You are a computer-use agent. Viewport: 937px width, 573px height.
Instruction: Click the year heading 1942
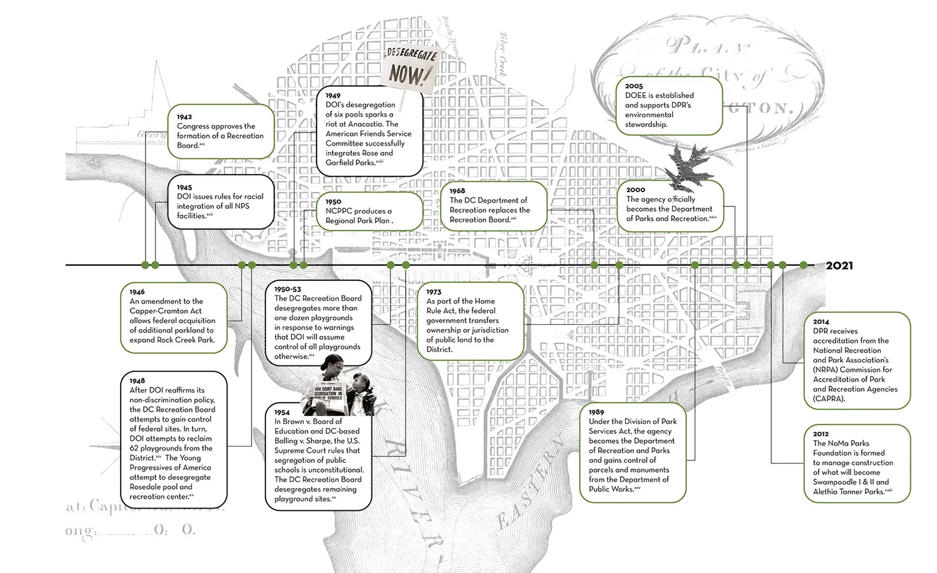pyautogui.click(x=184, y=117)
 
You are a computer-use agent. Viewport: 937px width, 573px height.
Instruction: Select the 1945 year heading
pyautogui.click(x=184, y=188)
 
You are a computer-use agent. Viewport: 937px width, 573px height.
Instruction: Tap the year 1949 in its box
pyautogui.click(x=333, y=96)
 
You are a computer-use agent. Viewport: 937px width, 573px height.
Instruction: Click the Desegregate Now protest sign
pyautogui.click(x=410, y=68)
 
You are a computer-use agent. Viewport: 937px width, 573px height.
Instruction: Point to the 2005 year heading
pyautogui.click(x=634, y=86)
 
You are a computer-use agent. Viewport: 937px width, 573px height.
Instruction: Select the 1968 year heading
pyautogui.click(x=457, y=191)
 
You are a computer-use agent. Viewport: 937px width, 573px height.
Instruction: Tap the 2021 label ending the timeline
pyautogui.click(x=839, y=266)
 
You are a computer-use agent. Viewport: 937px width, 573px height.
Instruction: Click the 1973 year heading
pyautogui.click(x=434, y=292)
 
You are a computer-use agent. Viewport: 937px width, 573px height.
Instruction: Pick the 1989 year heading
pyautogui.click(x=597, y=413)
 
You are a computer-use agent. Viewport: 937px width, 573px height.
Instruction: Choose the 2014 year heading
pyautogui.click(x=821, y=322)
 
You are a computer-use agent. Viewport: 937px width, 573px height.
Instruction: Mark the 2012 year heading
pyautogui.click(x=821, y=434)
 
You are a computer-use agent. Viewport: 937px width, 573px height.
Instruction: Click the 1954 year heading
pyautogui.click(x=282, y=413)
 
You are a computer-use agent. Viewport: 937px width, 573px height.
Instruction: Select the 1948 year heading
pyautogui.click(x=137, y=381)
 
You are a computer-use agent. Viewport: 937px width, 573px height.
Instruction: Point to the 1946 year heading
pyautogui.click(x=137, y=292)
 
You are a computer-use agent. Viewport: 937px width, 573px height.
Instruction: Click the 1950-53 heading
pyautogui.click(x=287, y=289)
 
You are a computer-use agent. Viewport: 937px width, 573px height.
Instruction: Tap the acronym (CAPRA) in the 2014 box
pyautogui.click(x=829, y=399)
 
